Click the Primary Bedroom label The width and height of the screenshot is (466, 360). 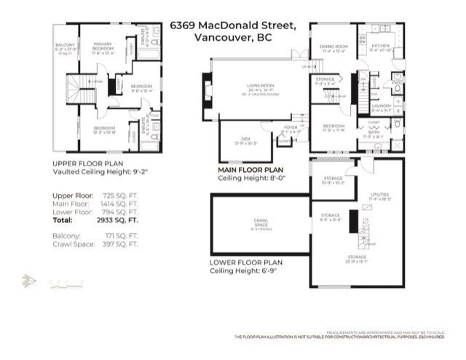pos(102,46)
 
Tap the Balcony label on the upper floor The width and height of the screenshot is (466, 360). pos(64,48)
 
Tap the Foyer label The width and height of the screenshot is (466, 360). pos(291,129)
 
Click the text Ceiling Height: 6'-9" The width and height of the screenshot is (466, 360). pos(245,271)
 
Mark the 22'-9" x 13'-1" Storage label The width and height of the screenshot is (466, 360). pos(357,257)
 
